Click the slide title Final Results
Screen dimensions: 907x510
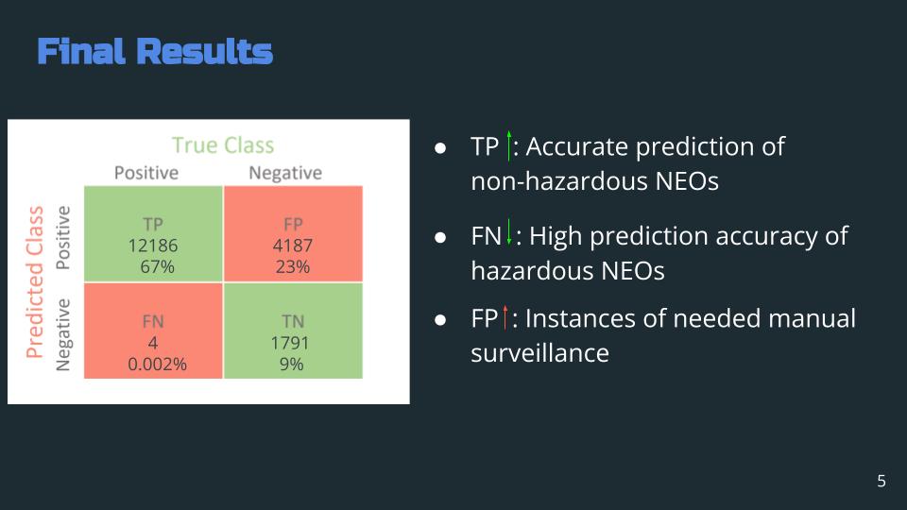coord(155,51)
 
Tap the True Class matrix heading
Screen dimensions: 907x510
coord(223,145)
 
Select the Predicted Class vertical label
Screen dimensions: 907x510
coord(35,282)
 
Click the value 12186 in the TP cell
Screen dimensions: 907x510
coord(153,246)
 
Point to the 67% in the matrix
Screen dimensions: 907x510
coord(157,266)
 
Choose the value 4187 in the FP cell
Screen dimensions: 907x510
coord(293,246)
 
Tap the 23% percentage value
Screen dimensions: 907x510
coord(293,266)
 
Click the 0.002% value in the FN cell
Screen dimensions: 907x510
coord(157,365)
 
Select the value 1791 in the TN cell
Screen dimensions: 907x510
coord(290,343)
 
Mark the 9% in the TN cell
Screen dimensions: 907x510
coord(292,365)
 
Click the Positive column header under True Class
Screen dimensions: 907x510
coord(146,173)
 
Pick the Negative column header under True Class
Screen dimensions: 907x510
coord(285,173)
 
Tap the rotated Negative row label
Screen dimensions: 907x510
coord(62,334)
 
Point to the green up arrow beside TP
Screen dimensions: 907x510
coord(509,145)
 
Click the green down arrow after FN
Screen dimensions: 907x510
coord(509,232)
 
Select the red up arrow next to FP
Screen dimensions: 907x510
coord(505,317)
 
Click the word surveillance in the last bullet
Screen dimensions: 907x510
coord(539,352)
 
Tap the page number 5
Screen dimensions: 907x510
coord(881,481)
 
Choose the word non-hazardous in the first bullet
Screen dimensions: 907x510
coord(558,181)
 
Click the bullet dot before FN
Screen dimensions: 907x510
coord(440,237)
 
